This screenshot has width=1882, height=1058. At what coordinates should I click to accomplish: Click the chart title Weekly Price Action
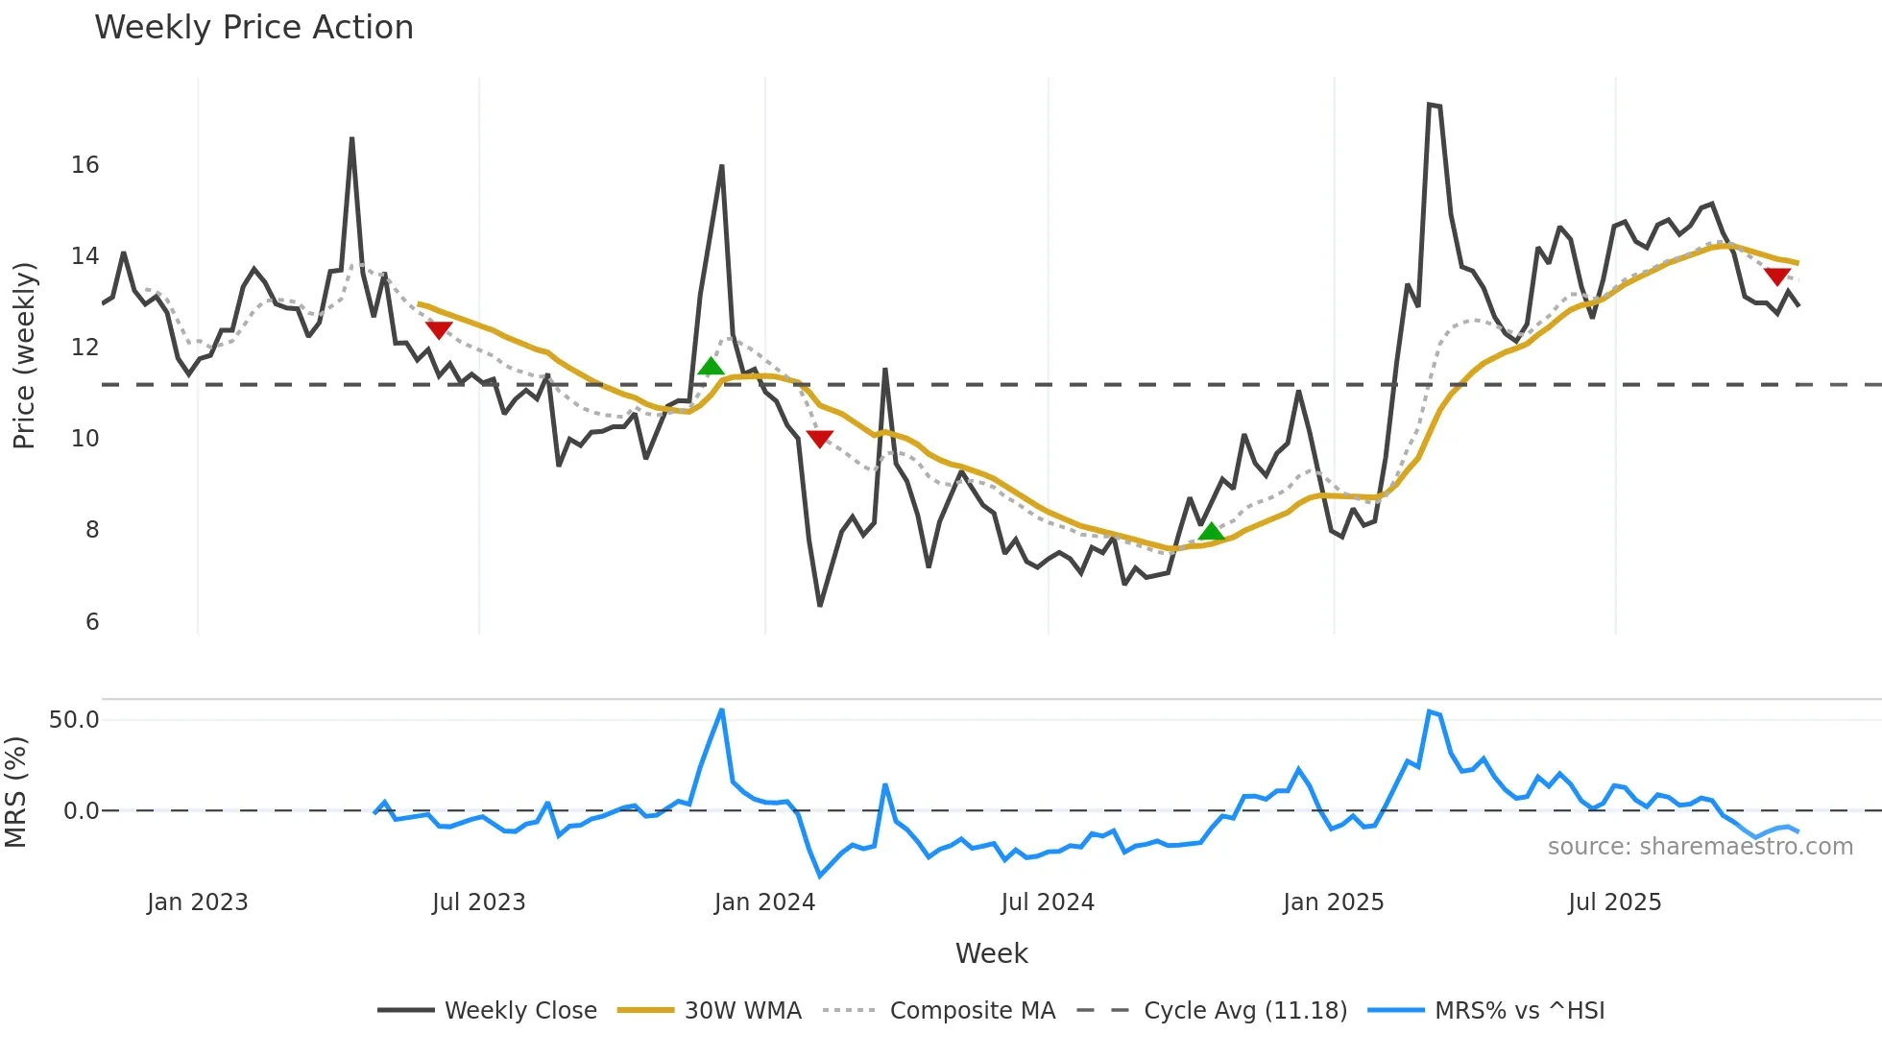pos(253,28)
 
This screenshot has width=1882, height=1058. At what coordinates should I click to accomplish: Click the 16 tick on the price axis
pos(84,165)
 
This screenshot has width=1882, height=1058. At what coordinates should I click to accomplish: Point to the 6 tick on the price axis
pos(91,622)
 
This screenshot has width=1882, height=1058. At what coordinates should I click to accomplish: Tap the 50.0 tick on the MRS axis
pos(74,720)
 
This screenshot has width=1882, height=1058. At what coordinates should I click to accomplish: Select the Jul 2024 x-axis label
pos(1047,902)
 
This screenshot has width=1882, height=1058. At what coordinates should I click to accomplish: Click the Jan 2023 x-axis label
pos(197,902)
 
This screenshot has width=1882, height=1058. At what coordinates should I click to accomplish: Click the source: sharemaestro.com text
pos(1700,847)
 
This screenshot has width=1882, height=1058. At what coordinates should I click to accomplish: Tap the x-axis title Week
pos(991,953)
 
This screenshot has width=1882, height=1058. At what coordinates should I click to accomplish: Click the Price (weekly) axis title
pos(24,355)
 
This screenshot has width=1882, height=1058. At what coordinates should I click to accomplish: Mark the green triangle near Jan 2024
pos(711,367)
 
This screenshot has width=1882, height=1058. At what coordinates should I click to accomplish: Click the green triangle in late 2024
pos(1211,532)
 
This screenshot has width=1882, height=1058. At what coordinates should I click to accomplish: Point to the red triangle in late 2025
pos(1776,277)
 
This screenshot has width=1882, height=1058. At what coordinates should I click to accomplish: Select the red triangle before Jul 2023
pos(438,329)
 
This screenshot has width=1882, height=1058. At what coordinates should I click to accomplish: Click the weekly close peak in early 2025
pos(1430,104)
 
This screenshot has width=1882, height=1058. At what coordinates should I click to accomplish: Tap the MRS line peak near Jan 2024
pos(721,710)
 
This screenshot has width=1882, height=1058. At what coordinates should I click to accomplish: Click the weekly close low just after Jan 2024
pos(819,605)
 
